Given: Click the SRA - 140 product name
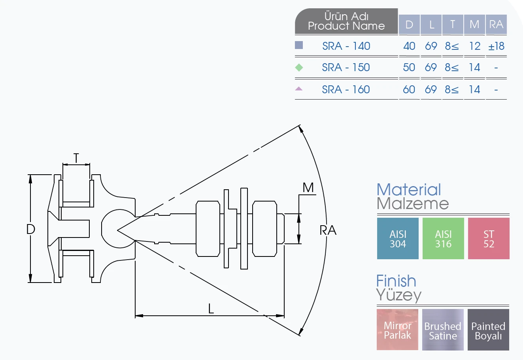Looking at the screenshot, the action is point(346,46).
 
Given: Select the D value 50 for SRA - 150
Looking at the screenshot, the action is point(409,68).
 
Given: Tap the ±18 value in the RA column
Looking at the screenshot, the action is point(497,46).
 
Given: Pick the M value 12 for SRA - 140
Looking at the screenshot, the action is point(475,46).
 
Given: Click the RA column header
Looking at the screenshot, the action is point(496,24).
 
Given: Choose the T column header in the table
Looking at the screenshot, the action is point(453,24).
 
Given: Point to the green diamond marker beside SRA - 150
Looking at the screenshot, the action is point(299,68).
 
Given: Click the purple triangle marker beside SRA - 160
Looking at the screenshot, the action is point(298,89).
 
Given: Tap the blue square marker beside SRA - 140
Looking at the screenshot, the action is point(299,45).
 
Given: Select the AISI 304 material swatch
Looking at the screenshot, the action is point(398,238).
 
